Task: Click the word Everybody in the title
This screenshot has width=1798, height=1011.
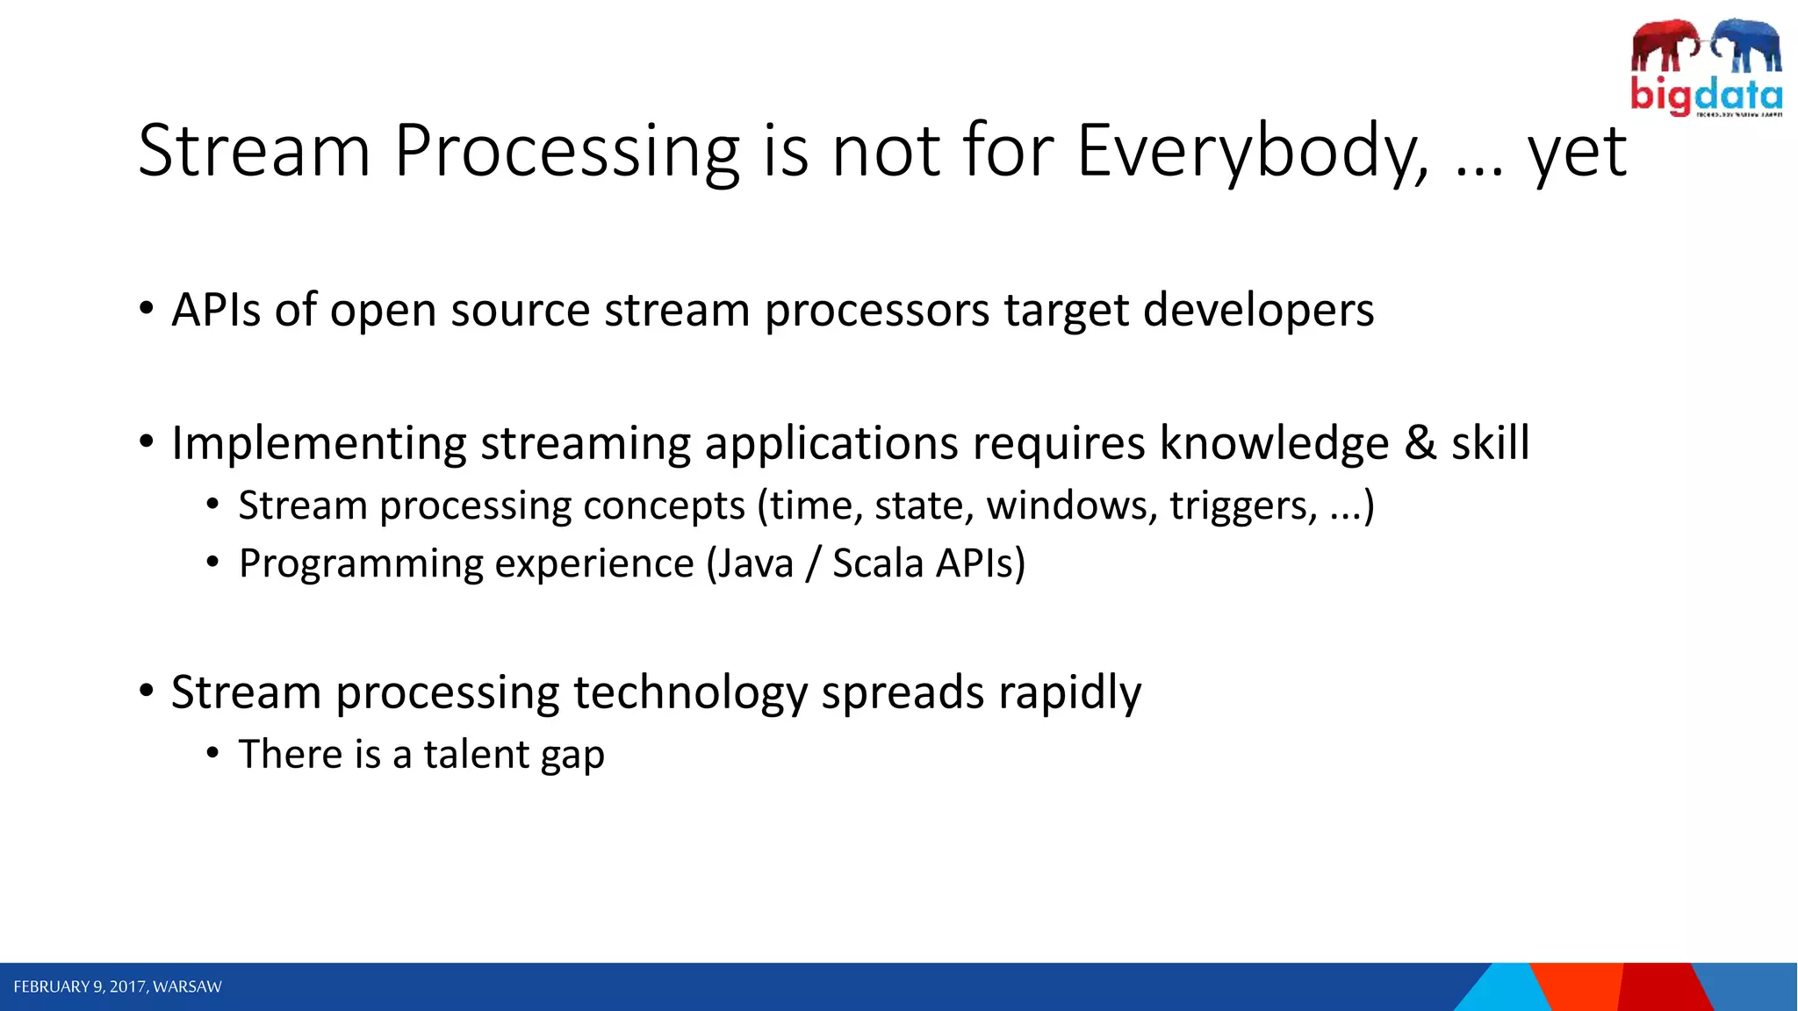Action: (1252, 151)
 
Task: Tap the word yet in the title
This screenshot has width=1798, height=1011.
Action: (1578, 154)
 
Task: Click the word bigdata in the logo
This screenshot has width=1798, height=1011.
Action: (1706, 95)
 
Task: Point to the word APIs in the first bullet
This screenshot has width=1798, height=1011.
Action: (216, 310)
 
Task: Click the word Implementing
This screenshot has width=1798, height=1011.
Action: (318, 443)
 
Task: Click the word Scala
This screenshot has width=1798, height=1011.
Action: (877, 563)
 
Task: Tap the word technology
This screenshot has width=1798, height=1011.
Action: (689, 693)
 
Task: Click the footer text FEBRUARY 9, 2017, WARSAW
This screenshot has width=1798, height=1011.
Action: (118, 986)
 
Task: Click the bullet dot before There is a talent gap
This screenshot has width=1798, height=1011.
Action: (212, 753)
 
